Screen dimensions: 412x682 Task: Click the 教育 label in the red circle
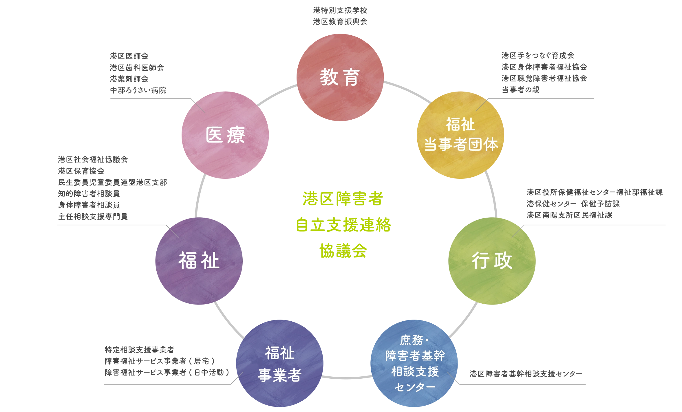point(340,78)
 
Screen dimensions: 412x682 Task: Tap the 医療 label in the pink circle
point(225,135)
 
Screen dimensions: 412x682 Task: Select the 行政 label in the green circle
point(492,261)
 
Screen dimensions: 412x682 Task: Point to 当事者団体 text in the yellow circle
point(461,144)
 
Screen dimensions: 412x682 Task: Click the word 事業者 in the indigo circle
point(280,375)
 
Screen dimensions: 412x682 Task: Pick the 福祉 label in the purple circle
point(199,261)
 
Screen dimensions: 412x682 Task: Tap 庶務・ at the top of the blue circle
point(414,340)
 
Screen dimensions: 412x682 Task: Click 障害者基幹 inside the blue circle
point(415,356)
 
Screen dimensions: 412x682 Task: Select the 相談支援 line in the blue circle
point(415,371)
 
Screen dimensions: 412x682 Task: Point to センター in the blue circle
point(415,387)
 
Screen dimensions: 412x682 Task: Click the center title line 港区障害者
point(343,199)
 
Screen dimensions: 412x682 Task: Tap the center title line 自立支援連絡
point(343,225)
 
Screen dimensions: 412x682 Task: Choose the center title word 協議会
point(343,251)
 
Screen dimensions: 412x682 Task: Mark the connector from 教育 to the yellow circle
point(407,91)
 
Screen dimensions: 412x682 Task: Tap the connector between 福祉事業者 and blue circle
point(346,377)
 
